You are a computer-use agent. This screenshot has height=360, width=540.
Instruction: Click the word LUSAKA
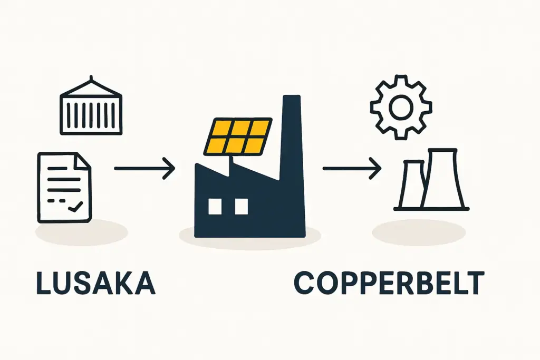click(95, 283)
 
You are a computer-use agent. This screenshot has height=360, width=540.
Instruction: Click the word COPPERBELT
click(388, 283)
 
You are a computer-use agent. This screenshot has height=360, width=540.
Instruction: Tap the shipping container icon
click(91, 111)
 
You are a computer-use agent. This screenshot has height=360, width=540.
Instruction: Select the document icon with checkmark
click(64, 187)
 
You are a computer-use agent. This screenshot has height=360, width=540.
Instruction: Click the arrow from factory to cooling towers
click(351, 169)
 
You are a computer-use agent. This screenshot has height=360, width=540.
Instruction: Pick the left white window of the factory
click(215, 207)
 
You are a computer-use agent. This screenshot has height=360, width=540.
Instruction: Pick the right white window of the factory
click(241, 207)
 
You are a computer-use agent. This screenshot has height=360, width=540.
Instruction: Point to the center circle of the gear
click(401, 108)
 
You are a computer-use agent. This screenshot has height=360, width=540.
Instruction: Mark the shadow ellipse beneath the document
click(81, 232)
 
